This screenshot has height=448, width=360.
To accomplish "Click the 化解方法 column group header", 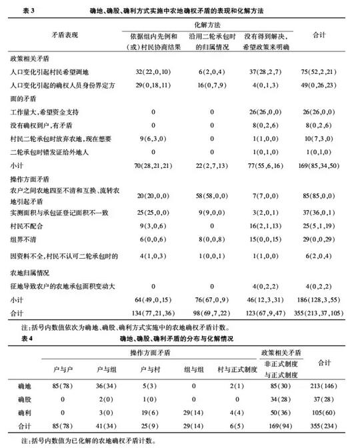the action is (x=212, y=23).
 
